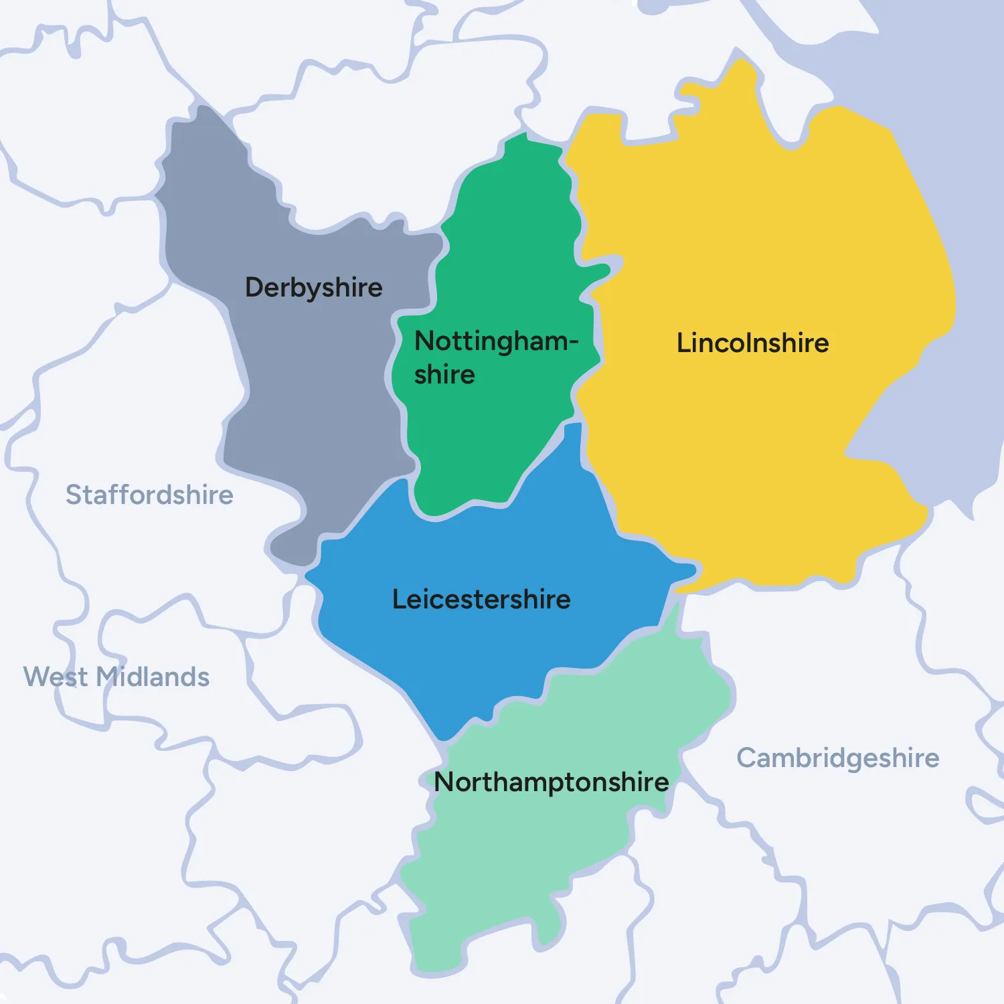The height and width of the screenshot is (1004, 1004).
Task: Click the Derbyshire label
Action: pyautogui.click(x=313, y=288)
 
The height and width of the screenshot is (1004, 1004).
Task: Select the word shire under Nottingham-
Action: pyautogui.click(x=444, y=375)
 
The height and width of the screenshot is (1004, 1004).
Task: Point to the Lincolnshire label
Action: pyautogui.click(x=752, y=343)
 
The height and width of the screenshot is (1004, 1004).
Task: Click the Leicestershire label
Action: pyautogui.click(x=481, y=599)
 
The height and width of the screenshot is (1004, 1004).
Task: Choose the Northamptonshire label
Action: pyautogui.click(x=552, y=782)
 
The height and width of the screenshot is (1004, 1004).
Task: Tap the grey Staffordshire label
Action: pyautogui.click(x=149, y=495)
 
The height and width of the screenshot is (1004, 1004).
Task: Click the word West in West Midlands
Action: pyautogui.click(x=56, y=677)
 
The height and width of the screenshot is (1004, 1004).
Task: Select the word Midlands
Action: pyautogui.click(x=153, y=677)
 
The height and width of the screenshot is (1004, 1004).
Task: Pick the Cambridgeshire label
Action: pyautogui.click(x=838, y=758)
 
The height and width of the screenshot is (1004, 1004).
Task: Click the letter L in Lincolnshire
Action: pyautogui.click(x=683, y=343)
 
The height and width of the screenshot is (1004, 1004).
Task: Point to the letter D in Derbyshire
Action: pyautogui.click(x=254, y=287)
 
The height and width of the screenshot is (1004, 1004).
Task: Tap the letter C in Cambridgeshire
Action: pyautogui.click(x=747, y=758)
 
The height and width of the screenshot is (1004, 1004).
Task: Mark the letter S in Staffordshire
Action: pyautogui.click(x=74, y=495)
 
